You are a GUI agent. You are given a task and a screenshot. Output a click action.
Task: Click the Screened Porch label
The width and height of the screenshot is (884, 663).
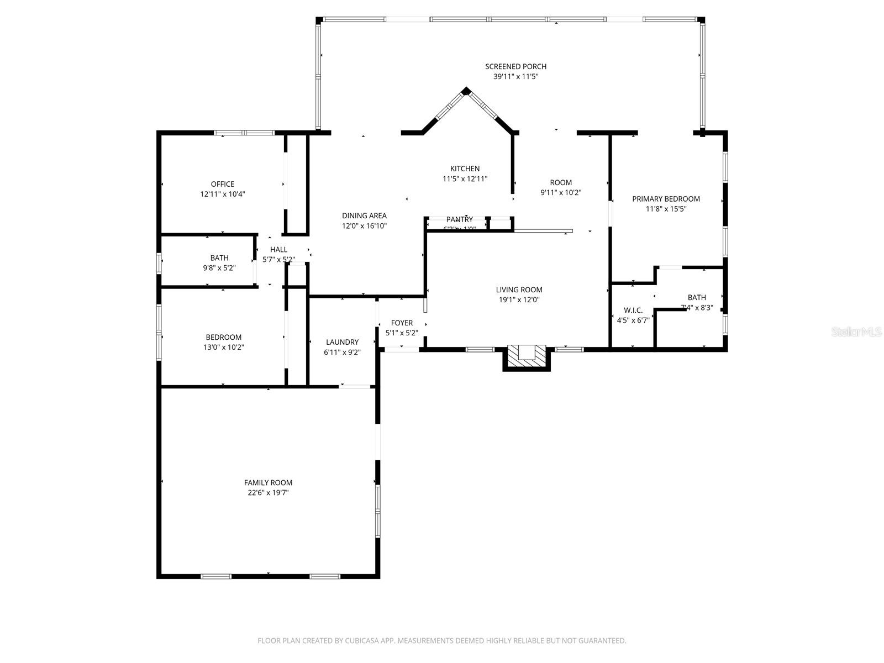(515, 67)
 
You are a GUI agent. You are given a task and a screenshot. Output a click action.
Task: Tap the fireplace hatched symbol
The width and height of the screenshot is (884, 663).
(526, 354)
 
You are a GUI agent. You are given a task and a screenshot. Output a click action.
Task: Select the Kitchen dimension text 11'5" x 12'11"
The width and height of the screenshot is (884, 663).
(465, 179)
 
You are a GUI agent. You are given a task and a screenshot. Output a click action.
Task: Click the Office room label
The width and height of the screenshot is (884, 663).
(222, 184)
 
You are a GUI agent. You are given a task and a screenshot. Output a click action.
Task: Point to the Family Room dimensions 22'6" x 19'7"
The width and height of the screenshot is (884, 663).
(268, 493)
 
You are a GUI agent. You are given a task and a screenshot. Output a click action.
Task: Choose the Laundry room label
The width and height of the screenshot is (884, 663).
(342, 342)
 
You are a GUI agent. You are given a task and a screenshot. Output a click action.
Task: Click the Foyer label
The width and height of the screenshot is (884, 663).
(402, 323)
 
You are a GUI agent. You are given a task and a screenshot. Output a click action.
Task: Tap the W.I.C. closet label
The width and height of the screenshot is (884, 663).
(633, 311)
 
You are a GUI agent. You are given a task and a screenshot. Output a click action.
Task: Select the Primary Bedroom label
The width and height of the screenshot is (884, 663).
(666, 199)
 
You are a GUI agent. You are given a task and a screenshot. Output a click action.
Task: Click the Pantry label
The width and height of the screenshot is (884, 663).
(459, 219)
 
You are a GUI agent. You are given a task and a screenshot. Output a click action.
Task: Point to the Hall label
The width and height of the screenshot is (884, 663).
(278, 250)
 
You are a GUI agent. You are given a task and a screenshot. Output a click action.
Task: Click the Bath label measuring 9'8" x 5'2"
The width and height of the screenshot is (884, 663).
(219, 258)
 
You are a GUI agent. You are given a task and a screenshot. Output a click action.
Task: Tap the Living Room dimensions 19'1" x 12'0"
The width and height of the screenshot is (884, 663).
(519, 300)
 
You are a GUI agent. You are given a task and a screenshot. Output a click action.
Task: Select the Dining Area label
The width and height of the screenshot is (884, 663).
(364, 215)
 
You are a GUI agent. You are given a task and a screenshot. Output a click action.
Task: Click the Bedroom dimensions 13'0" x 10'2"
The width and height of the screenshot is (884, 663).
(223, 348)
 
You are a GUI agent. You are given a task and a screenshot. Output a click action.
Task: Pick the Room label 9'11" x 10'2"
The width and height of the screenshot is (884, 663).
(561, 183)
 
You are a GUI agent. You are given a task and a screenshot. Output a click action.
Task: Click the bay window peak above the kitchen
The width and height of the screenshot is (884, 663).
(466, 91)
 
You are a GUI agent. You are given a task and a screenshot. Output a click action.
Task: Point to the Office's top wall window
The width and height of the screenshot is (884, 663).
(244, 133)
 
